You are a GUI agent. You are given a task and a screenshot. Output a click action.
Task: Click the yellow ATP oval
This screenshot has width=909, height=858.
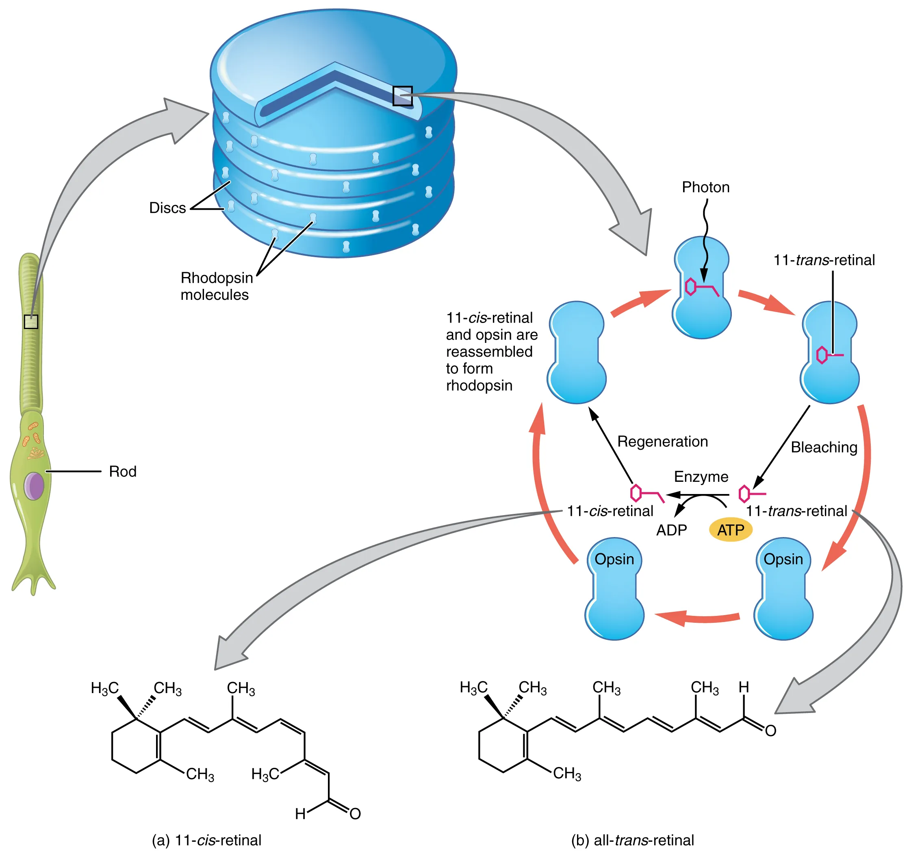point(730,530)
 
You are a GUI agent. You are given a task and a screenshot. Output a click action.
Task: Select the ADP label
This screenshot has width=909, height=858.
point(671,530)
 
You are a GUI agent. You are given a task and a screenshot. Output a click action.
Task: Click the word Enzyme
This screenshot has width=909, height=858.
point(701,477)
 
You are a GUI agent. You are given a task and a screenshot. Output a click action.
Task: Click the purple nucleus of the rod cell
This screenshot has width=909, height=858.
point(34,486)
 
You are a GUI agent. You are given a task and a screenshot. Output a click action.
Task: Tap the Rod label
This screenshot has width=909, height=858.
point(123,472)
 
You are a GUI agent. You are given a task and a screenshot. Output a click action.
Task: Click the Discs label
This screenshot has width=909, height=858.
point(167,208)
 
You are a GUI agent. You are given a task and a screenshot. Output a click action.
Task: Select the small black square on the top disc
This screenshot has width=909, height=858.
point(402,96)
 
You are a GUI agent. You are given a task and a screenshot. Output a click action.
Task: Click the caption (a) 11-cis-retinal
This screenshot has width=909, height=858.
point(206,840)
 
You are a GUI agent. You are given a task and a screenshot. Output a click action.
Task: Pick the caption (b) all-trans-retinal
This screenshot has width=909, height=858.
point(632,840)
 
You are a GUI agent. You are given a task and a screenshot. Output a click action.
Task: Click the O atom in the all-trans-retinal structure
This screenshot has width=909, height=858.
point(770,731)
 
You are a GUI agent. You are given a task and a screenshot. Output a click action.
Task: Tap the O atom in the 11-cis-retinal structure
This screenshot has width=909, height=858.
point(355,814)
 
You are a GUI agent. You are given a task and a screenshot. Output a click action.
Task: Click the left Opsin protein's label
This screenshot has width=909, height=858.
point(614,559)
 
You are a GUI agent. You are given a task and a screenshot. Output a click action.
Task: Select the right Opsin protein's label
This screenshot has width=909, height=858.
point(783,559)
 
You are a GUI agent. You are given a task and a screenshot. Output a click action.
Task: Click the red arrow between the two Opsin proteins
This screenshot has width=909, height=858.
point(698,617)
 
